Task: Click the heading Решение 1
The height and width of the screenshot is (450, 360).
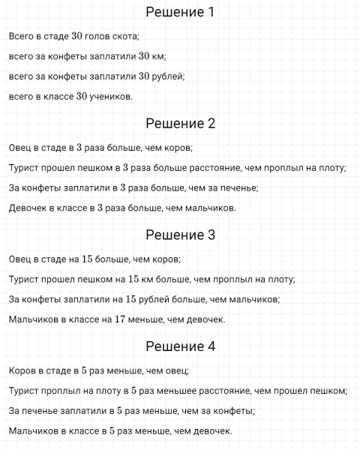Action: coord(180,13)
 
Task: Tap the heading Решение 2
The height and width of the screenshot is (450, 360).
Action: coord(180,124)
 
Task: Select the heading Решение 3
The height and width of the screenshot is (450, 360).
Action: coord(180,235)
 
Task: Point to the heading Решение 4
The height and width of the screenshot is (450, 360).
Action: coord(180,346)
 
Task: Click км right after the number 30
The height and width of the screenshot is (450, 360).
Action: coord(160,56)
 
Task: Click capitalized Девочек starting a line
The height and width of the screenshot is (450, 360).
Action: coord(28,208)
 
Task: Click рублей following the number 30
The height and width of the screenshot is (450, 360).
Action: coord(170,76)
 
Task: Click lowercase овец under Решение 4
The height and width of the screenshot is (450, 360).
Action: coord(178,370)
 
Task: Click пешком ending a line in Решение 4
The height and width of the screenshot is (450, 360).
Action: coord(331,391)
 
